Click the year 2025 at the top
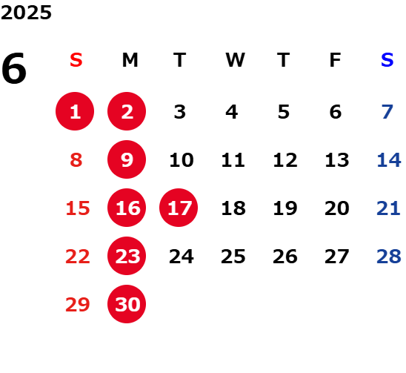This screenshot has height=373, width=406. click(x=26, y=13)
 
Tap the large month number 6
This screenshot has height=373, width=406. click(x=14, y=68)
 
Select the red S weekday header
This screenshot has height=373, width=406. click(x=76, y=60)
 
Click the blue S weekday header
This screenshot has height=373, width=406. click(x=387, y=60)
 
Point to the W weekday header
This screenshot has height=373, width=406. click(x=235, y=60)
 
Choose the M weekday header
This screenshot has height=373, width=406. click(x=130, y=60)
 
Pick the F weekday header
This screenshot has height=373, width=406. click(x=336, y=60)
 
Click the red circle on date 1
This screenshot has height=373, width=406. click(x=75, y=111)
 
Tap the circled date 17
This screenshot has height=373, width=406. click(x=179, y=208)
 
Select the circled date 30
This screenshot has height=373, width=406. click(x=127, y=304)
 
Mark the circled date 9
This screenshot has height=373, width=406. click(x=127, y=159)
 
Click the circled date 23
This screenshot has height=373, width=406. click(x=127, y=256)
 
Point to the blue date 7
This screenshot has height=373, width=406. click(x=387, y=112)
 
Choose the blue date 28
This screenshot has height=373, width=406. click(x=389, y=257)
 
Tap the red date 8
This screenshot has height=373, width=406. click(x=76, y=160)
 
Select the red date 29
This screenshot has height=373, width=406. click(x=78, y=305)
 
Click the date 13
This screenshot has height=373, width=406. click(x=337, y=160)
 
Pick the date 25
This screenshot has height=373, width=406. click(x=233, y=257)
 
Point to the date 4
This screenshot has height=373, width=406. click(x=231, y=112)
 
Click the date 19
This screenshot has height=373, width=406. click(x=285, y=208)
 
